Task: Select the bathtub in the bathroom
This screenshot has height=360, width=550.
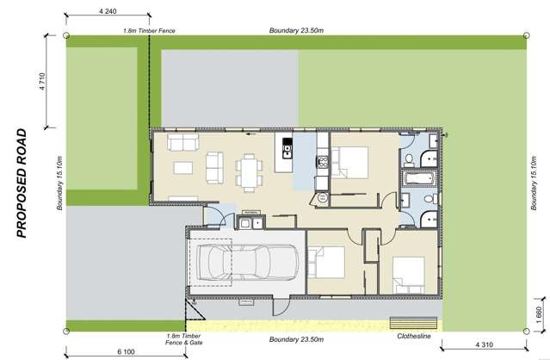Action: click(x=421, y=178)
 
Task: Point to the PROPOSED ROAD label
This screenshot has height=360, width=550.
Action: click(x=23, y=183)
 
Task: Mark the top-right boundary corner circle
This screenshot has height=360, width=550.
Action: click(x=527, y=35)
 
